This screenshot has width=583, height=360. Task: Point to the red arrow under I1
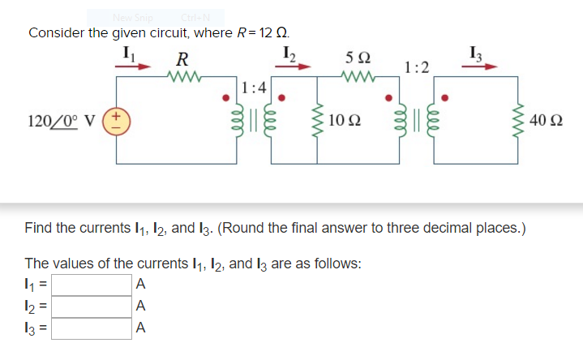tap(135, 68)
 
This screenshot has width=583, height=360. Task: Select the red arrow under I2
tap(296, 68)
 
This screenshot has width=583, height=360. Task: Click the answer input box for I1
tap(92, 285)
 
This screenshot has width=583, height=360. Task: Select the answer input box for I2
tap(92, 306)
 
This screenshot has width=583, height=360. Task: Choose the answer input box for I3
tap(92, 328)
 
